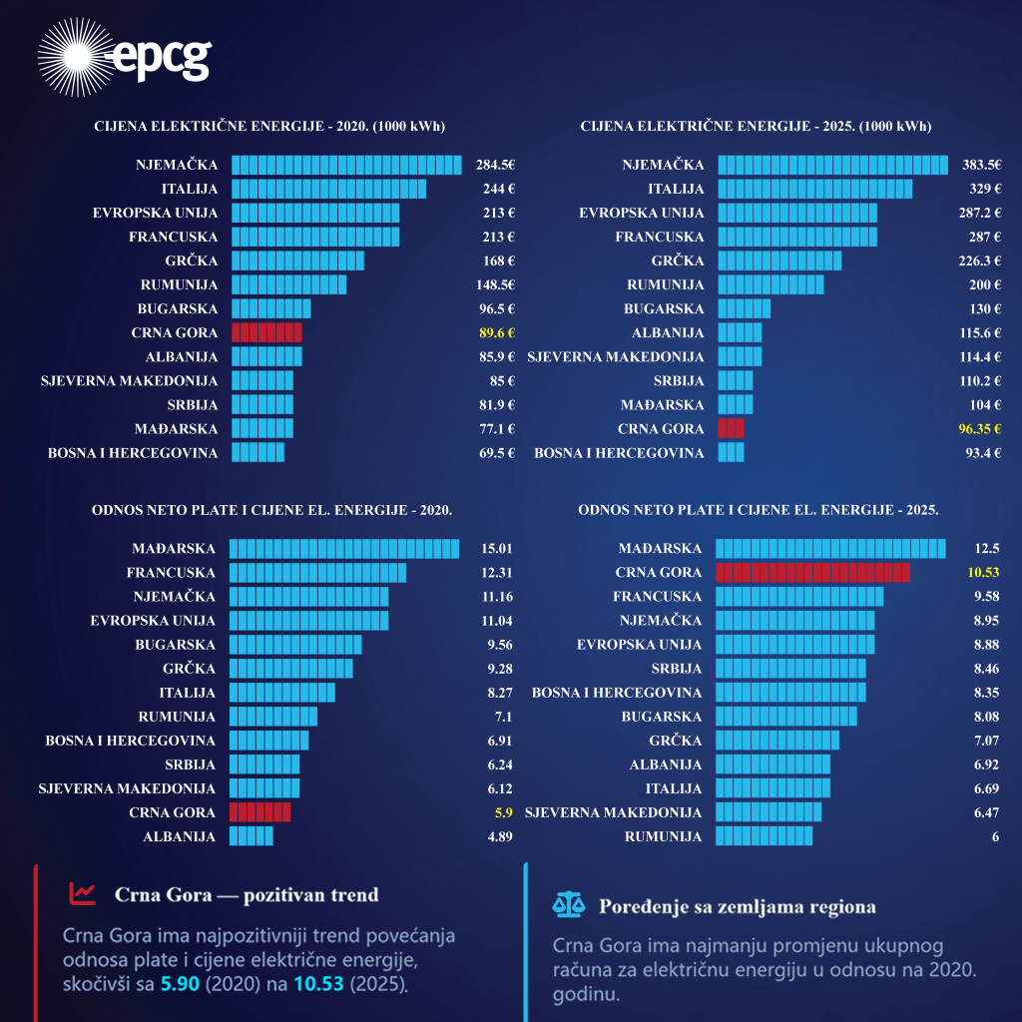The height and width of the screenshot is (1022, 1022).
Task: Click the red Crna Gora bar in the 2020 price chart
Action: click(x=266, y=332)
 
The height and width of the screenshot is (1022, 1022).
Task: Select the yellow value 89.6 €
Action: click(x=495, y=332)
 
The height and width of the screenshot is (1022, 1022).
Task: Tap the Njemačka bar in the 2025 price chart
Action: click(x=832, y=165)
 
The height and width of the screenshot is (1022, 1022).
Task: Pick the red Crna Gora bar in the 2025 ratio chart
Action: click(x=812, y=572)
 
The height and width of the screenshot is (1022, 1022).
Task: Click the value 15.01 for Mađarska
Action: click(x=496, y=548)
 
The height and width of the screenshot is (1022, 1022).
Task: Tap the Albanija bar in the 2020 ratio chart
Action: click(x=251, y=836)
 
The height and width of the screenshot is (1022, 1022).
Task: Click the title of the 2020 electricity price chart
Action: click(x=269, y=127)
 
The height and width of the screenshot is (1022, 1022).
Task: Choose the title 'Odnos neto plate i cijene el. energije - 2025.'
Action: click(x=758, y=509)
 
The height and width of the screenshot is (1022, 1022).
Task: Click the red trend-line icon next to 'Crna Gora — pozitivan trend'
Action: click(x=82, y=893)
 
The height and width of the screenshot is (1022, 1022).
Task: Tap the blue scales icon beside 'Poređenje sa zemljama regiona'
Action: click(x=568, y=905)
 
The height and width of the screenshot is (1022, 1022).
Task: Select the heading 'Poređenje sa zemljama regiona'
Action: click(x=737, y=906)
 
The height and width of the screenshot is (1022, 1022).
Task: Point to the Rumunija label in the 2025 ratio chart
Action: click(x=663, y=836)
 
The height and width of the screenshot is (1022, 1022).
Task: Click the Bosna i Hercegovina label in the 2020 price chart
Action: click(x=133, y=452)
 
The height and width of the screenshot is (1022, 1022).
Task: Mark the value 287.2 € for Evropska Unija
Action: click(x=978, y=213)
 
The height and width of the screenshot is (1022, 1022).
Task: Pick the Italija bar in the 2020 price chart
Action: click(x=328, y=189)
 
